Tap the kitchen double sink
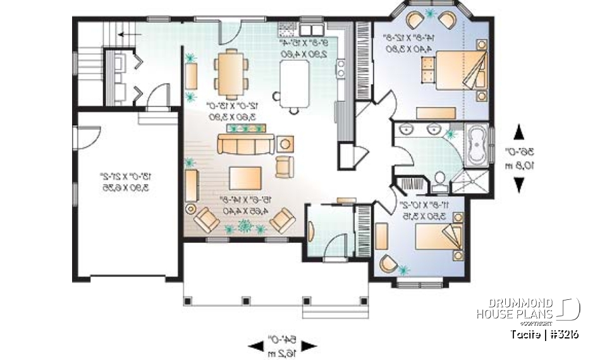(310, 30)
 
